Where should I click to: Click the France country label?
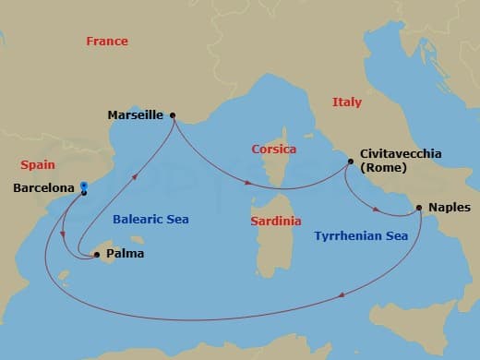[106, 42]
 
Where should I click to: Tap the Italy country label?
[347, 102]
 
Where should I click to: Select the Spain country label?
[37, 165]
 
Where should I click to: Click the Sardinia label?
[276, 222]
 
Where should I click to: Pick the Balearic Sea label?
[150, 220]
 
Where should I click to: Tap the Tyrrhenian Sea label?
[356, 236]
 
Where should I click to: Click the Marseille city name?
[136, 116]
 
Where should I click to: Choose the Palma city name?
[125, 254]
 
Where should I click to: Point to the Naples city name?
[450, 209]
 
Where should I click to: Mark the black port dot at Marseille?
[173, 116]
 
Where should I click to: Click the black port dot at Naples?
[419, 208]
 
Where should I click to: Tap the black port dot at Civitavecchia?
[351, 162]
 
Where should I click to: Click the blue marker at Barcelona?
[83, 184]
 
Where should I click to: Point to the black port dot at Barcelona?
[84, 192]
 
